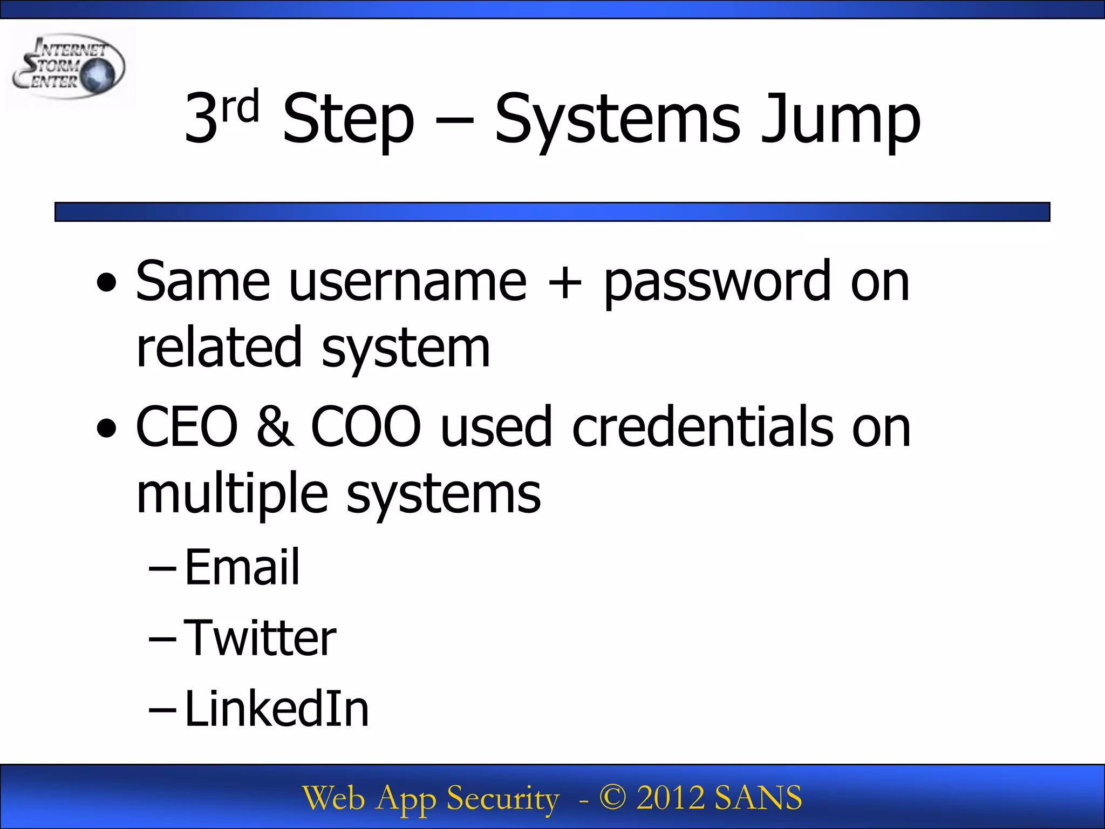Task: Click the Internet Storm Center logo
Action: [x=69, y=67]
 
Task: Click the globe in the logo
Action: [x=98, y=75]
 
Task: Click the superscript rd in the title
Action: [x=241, y=106]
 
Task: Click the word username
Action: [x=407, y=282]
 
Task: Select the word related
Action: [x=219, y=348]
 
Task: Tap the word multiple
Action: [x=232, y=494]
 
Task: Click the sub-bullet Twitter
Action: [x=260, y=638]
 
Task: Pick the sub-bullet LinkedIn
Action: [x=277, y=709]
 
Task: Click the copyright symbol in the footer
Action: [x=612, y=798]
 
